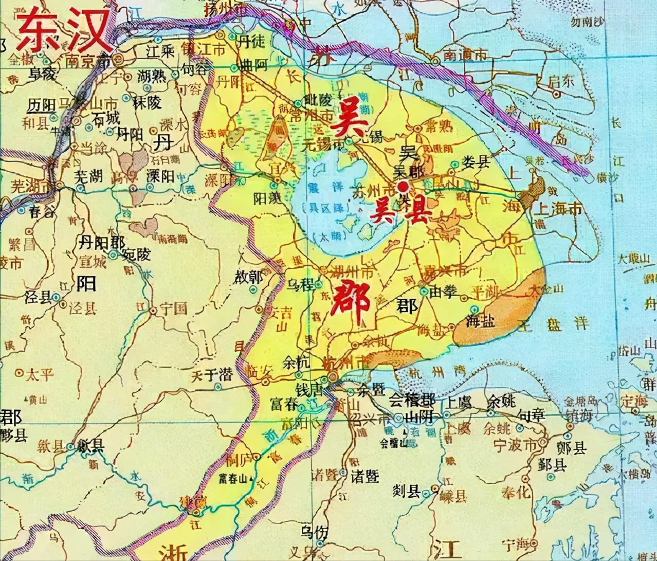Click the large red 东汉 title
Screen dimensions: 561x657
pyautogui.click(x=64, y=29)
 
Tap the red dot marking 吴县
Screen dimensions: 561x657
pyautogui.click(x=404, y=187)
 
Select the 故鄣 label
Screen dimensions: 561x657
pyautogui.click(x=249, y=278)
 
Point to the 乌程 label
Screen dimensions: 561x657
pyautogui.click(x=300, y=285)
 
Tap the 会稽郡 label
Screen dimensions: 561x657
pyautogui.click(x=411, y=400)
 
